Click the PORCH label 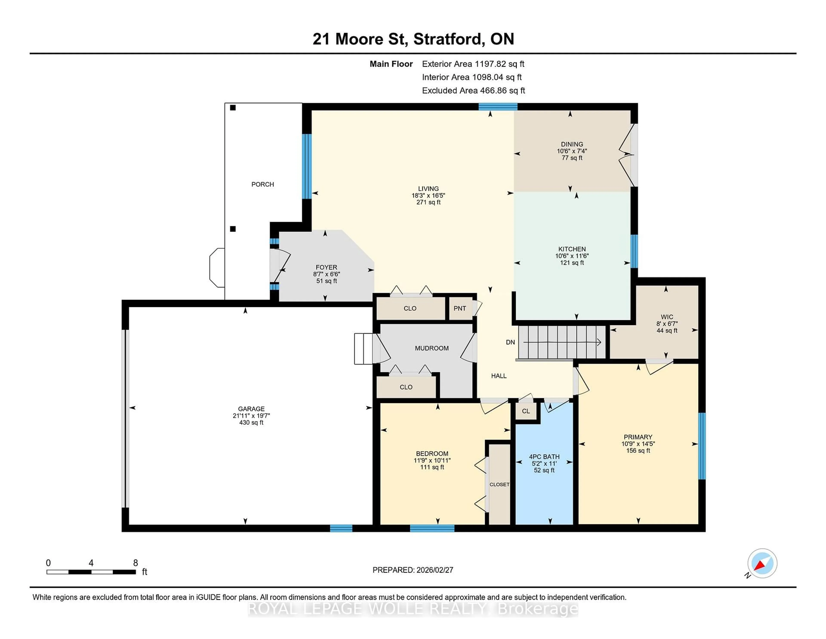click(x=262, y=184)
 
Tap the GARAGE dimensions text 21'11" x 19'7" click(x=251, y=416)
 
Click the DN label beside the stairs click(x=510, y=342)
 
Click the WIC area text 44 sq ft click(x=667, y=330)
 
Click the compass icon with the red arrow click(x=762, y=563)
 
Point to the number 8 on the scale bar click(x=135, y=563)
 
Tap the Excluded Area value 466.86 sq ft click(x=502, y=90)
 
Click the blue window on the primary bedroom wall click(x=702, y=446)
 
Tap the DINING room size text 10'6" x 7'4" click(x=572, y=151)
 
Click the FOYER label click(x=326, y=267)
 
